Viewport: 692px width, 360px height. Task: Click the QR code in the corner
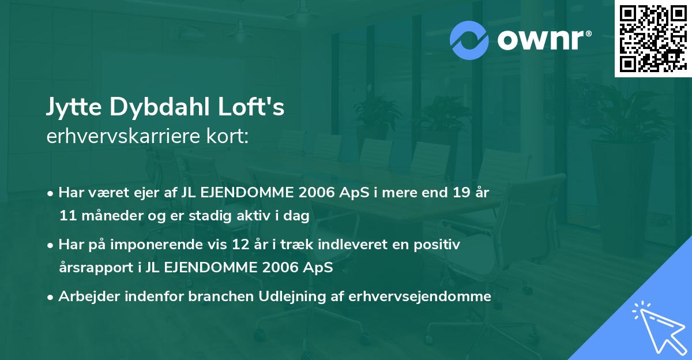point(652,38)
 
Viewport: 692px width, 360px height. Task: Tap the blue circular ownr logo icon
point(469,40)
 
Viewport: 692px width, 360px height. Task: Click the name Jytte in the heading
point(72,108)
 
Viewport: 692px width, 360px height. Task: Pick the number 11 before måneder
point(66,216)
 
